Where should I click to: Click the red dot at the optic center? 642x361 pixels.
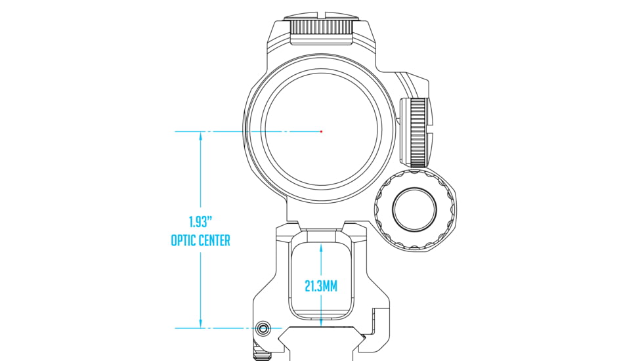tap(321, 131)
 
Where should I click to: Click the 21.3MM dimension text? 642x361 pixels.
tap(321, 286)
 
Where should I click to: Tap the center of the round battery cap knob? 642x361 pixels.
tap(414, 209)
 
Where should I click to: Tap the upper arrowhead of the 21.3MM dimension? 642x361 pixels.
tap(321, 248)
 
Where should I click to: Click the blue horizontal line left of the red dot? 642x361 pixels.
tap(263, 131)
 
